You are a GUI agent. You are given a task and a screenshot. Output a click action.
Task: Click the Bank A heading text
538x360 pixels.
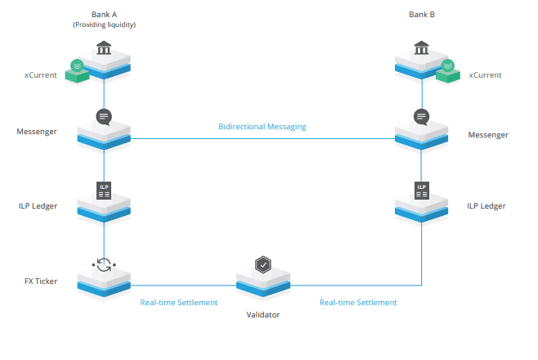tap(104, 14)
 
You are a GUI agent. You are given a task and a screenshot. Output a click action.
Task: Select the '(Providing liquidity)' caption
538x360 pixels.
tap(104, 25)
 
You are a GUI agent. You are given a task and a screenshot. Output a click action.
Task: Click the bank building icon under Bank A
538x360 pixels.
tap(104, 49)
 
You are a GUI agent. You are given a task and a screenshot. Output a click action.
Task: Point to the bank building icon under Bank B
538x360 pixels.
tap(421, 49)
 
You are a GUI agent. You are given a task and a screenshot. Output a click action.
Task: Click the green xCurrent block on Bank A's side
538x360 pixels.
tap(77, 70)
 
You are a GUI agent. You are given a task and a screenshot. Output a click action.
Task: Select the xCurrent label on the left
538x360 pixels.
tap(40, 75)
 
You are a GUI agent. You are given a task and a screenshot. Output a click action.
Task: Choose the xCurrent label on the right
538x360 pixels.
tap(485, 75)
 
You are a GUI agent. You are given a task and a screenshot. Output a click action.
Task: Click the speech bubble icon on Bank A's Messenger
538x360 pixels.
tap(104, 116)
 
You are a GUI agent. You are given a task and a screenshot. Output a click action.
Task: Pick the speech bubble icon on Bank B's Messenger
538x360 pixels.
tap(421, 116)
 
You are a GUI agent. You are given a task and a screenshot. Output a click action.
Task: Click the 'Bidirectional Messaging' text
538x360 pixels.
tap(262, 128)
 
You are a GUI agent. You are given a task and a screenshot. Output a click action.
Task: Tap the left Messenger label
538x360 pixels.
tap(37, 131)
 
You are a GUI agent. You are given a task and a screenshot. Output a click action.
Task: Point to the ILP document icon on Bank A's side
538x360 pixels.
tap(104, 190)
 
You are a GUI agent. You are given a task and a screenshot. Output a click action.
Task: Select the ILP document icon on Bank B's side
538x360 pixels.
tap(421, 190)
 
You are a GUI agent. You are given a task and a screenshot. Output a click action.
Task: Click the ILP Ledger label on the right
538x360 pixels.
tap(486, 206)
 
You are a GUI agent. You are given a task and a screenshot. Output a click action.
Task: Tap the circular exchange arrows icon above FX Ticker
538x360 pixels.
tap(104, 264)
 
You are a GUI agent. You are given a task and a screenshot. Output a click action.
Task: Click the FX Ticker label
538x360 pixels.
tap(40, 281)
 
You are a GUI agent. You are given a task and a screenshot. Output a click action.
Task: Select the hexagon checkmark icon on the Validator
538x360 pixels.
tap(262, 264)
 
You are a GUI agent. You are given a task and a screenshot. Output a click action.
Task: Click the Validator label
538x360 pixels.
tap(262, 314)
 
